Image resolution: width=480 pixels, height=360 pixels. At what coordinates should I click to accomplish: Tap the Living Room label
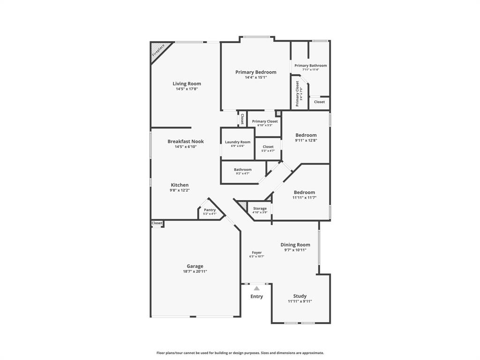pos(187,84)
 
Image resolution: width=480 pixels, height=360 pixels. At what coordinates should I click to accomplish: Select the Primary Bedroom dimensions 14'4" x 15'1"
pos(255,77)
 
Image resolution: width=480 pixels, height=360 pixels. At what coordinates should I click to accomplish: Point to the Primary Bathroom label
pos(310,66)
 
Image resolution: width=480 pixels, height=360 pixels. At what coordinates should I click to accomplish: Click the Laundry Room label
pos(238,142)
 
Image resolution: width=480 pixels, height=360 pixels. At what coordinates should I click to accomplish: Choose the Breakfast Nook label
pos(186,142)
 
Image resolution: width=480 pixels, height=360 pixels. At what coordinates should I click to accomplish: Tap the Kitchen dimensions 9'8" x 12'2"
pos(180,190)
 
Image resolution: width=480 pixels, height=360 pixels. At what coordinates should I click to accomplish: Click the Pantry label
pos(210,210)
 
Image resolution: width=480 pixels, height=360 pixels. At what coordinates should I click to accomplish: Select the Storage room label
pos(260,209)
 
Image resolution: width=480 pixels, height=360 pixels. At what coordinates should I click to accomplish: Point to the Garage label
pos(195,266)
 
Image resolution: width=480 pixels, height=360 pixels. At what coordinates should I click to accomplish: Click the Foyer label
pos(257,253)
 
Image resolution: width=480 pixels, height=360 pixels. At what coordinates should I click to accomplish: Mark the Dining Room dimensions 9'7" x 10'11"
pos(295,250)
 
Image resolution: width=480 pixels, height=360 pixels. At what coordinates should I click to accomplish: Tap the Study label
pos(300,296)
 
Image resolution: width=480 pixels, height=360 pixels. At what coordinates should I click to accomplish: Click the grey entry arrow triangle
pos(256,288)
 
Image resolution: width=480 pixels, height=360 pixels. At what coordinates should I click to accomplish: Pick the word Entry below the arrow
pos(256,297)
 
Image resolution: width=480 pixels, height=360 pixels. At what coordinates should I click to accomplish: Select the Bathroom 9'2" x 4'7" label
pos(243,170)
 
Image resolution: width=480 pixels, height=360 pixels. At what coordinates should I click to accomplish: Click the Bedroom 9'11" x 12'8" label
pos(306,135)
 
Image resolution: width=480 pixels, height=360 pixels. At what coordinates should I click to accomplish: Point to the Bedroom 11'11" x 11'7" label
pos(304,193)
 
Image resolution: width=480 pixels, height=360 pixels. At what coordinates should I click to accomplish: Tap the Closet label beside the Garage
pos(157,223)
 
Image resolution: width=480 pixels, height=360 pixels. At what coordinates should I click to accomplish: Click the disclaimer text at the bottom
pos(240,353)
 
